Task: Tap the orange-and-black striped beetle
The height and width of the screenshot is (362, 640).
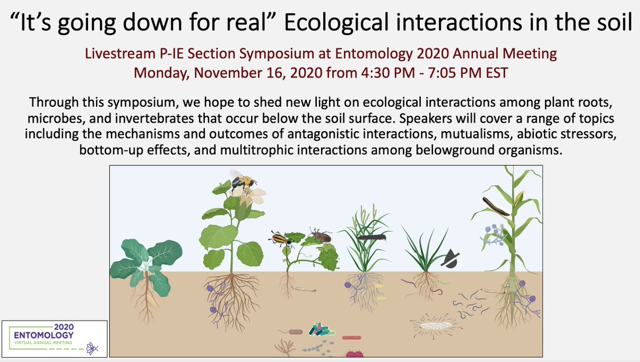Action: pos(281,239)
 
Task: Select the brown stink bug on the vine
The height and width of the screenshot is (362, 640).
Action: pos(321,236)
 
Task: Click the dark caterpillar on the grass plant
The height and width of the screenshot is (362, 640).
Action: pos(371,237)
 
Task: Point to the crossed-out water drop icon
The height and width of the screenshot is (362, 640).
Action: pos(450,259)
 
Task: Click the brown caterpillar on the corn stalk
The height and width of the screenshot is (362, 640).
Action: pos(495,206)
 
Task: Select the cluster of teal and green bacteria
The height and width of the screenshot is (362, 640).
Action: pos(321,329)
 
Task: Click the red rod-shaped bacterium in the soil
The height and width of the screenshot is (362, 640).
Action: pos(351,337)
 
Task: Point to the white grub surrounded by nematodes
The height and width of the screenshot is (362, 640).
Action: pos(435,325)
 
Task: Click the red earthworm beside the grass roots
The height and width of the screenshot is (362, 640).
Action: pos(438,292)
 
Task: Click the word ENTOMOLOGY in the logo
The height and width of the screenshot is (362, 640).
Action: pos(44,335)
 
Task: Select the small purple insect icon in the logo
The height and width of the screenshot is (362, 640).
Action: pos(92,348)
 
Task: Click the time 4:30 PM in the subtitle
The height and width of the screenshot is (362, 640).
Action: pos(388,73)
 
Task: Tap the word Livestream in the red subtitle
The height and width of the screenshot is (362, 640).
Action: pos(121,53)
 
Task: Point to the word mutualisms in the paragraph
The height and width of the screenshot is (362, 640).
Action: pos(477,134)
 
